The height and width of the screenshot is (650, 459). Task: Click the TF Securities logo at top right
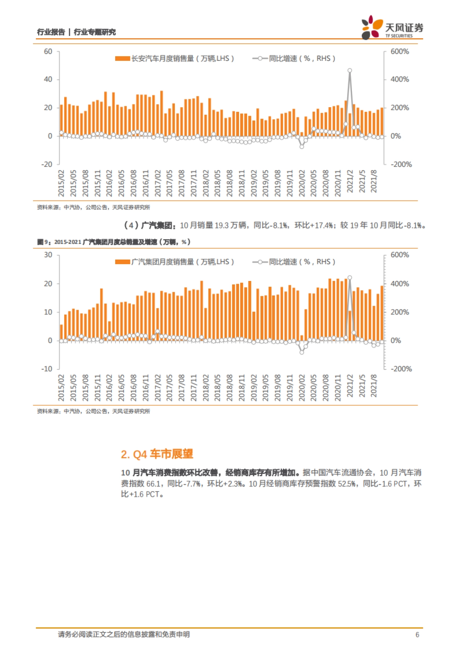[392, 28]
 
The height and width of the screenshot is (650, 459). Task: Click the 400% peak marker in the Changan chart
[350, 70]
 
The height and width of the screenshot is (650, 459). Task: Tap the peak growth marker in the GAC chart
[350, 278]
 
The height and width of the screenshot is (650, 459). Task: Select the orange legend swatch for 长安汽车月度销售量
[122, 59]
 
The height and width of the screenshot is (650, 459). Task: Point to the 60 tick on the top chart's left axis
[48, 52]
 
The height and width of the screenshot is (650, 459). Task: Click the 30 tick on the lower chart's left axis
[48, 255]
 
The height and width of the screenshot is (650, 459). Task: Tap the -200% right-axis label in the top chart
[401, 164]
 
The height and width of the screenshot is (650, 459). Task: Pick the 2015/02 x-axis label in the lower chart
[62, 388]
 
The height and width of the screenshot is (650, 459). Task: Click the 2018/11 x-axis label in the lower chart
[242, 388]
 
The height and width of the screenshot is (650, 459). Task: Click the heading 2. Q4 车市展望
[157, 454]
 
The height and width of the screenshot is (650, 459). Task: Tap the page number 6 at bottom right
[417, 635]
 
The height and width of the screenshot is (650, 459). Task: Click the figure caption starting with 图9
[114, 242]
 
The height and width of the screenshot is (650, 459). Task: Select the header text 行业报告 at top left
[51, 32]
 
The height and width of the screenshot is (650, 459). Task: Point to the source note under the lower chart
[93, 411]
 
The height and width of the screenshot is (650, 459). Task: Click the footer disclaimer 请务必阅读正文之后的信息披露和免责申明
[124, 635]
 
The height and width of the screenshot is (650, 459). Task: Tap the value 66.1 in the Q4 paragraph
[153, 483]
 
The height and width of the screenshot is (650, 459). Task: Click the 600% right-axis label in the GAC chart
[399, 255]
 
